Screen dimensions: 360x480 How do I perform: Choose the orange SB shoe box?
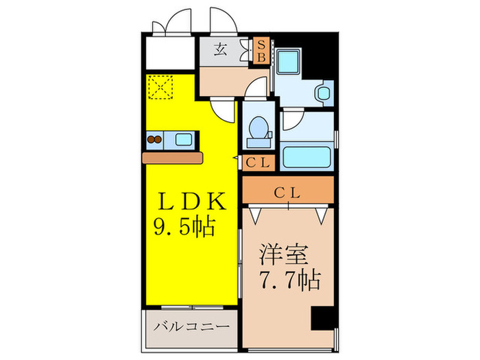(261, 51)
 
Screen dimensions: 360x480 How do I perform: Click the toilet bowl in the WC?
(259, 128)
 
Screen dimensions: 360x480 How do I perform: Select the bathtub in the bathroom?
(306, 157)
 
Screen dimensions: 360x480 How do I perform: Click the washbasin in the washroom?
(321, 92)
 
